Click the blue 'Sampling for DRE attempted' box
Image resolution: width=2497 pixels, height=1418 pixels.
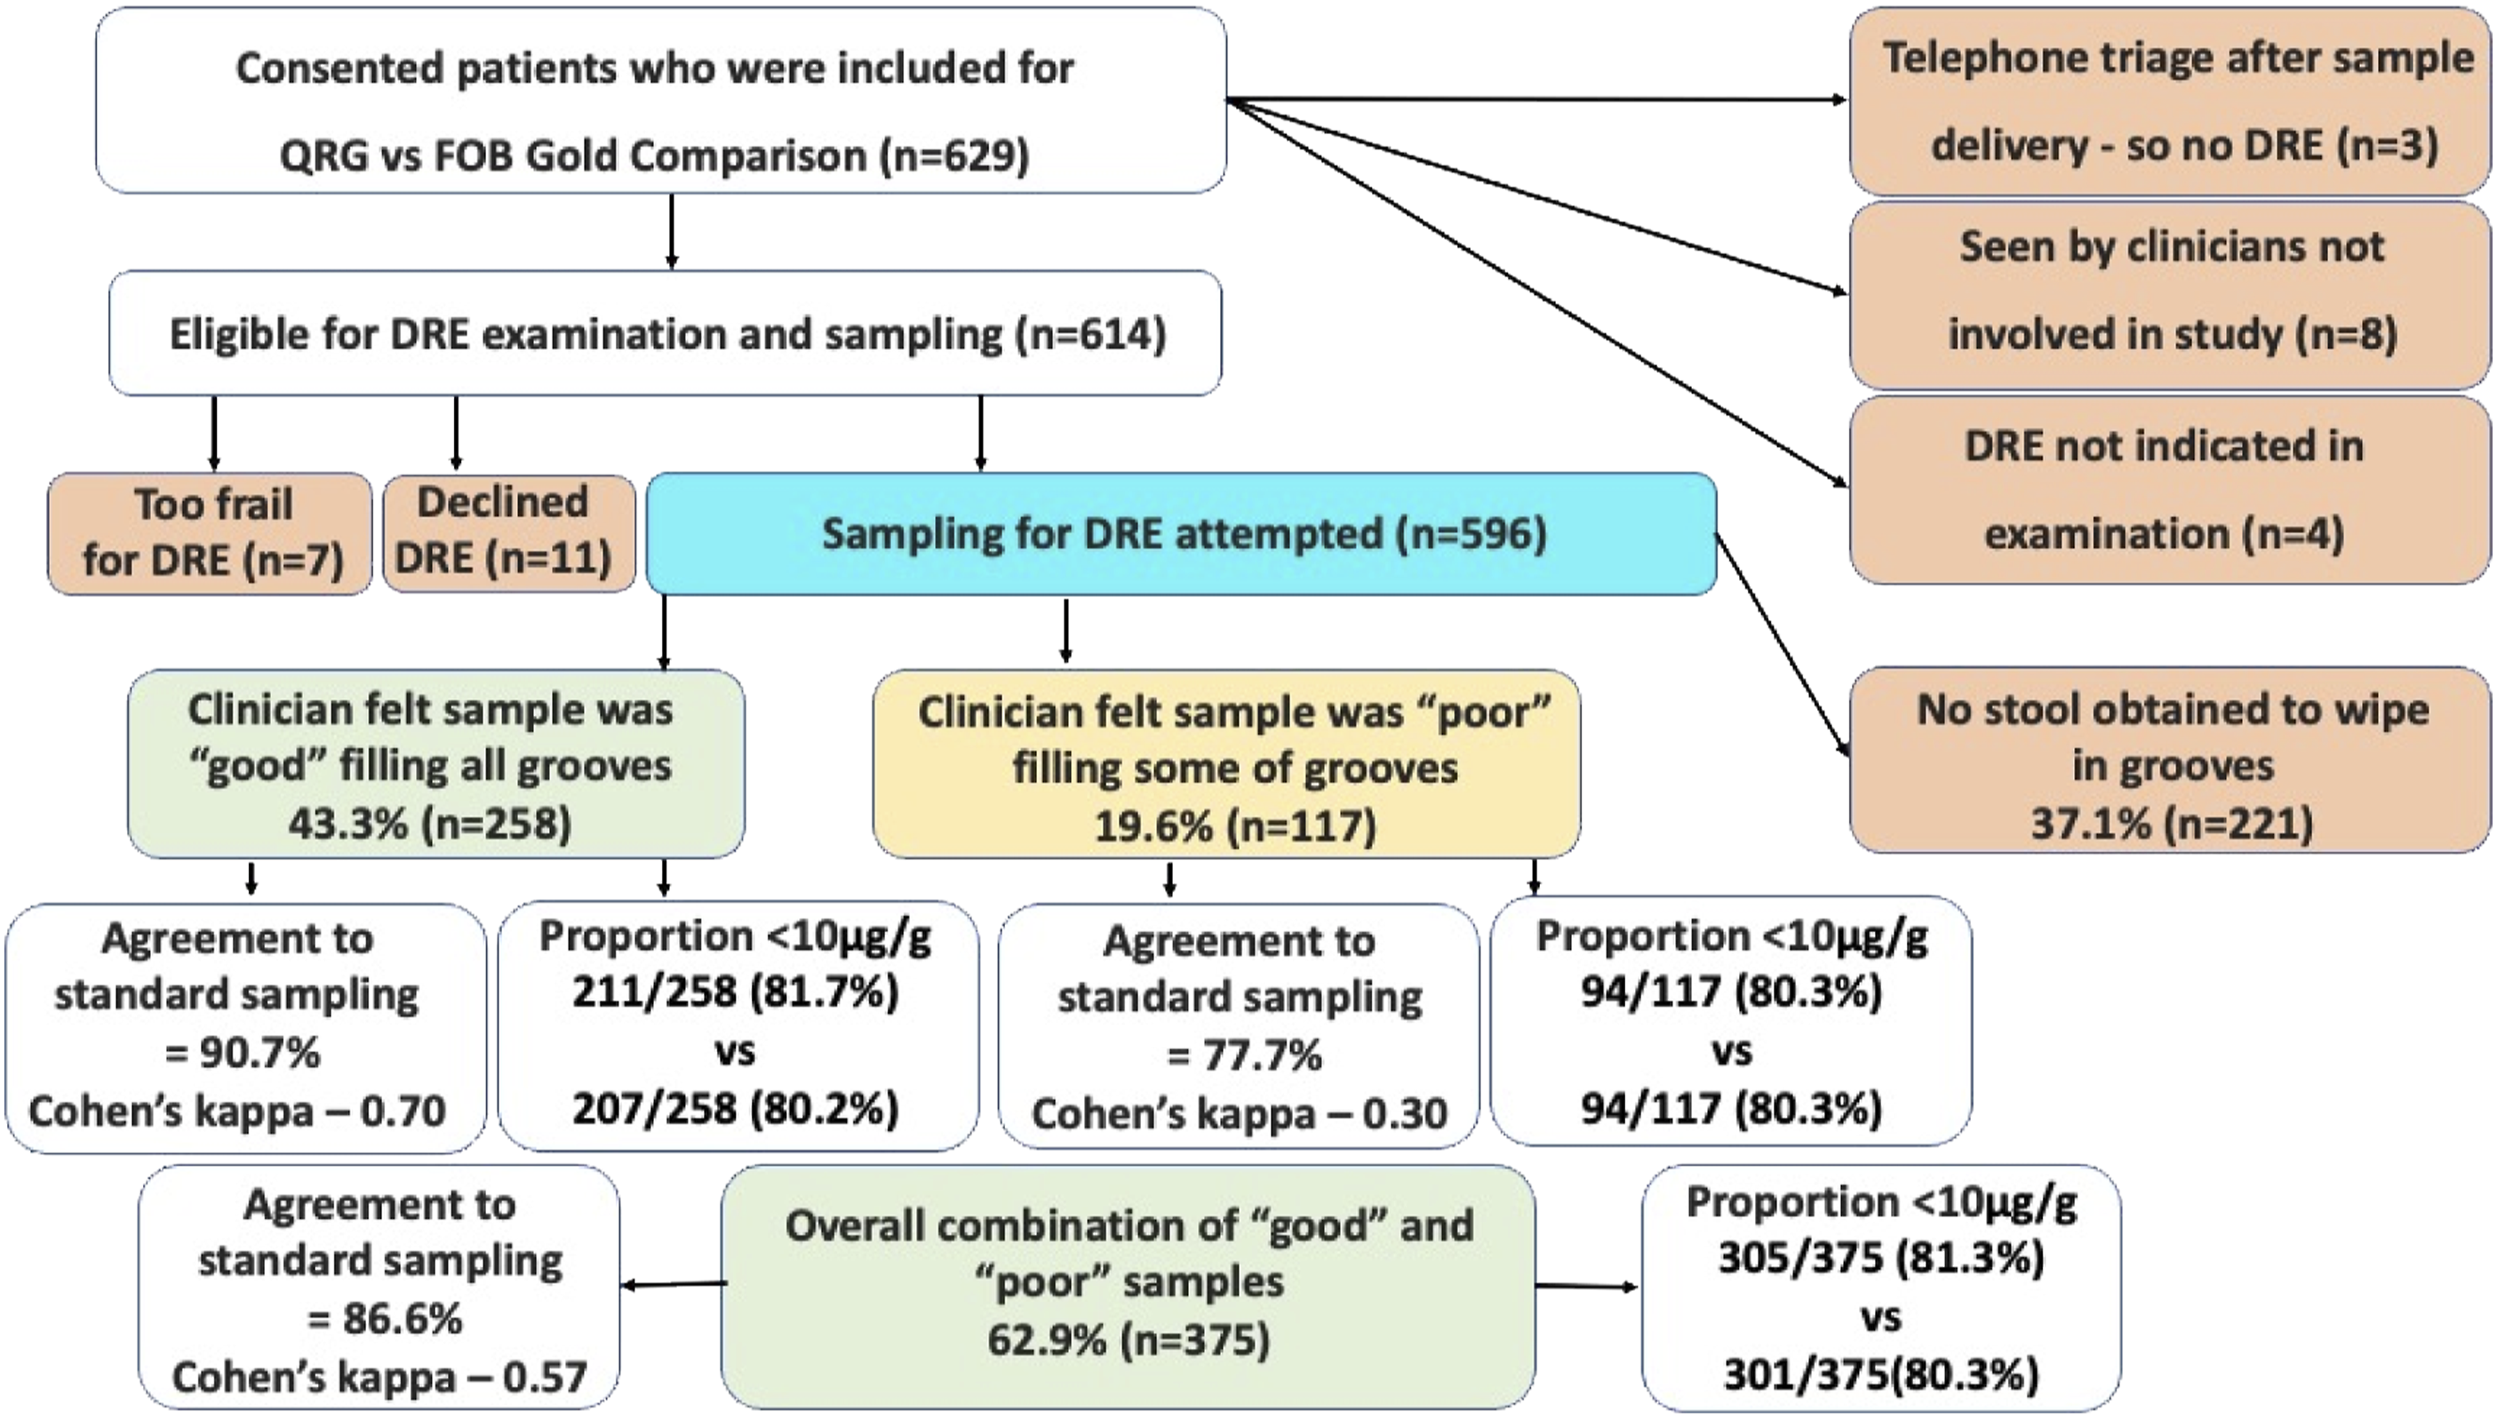[1180, 534]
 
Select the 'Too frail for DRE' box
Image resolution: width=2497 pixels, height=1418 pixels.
[211, 534]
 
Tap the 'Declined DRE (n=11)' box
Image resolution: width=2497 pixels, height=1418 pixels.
[508, 534]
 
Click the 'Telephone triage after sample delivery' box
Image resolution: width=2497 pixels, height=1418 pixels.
[2171, 101]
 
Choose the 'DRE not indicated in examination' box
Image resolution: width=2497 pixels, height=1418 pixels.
[2171, 490]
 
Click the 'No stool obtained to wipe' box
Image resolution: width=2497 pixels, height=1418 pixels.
[2171, 761]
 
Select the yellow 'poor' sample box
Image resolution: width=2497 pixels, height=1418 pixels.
[1226, 764]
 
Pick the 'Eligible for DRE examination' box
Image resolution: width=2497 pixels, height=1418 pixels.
[666, 333]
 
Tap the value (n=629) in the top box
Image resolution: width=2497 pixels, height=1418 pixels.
[954, 155]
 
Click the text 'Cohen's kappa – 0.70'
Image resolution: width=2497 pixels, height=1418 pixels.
[237, 1111]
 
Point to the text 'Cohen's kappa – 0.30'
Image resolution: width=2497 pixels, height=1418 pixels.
[1240, 1113]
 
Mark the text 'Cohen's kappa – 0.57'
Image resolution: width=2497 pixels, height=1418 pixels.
[379, 1377]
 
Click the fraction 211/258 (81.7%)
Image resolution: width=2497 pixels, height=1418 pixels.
[735, 992]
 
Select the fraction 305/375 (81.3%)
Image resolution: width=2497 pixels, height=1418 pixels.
[1880, 1258]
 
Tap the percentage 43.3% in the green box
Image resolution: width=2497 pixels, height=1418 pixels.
[347, 824]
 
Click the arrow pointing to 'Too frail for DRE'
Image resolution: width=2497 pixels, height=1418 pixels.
[214, 434]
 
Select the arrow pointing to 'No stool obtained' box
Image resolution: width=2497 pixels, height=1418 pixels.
[1781, 645]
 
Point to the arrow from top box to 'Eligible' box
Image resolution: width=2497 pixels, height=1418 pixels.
[671, 232]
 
